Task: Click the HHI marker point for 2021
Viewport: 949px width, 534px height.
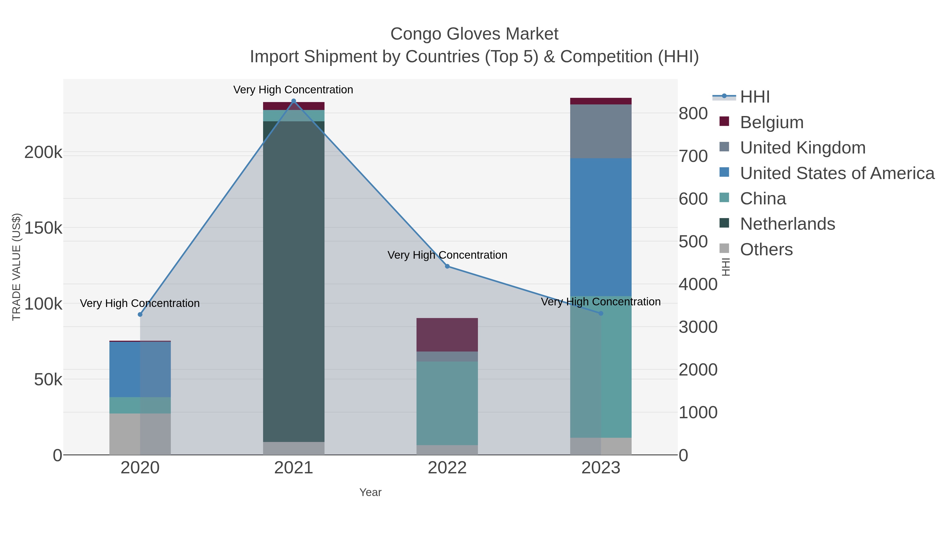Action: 294,101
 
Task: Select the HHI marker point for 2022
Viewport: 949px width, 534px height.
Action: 447,266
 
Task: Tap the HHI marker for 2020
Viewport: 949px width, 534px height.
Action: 140,314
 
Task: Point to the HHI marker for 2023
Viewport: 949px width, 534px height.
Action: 601,313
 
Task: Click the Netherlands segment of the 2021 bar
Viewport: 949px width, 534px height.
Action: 294,280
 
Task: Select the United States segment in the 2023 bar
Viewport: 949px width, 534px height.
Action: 601,227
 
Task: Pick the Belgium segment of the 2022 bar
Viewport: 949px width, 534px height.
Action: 447,334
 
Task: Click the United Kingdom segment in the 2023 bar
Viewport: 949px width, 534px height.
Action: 601,131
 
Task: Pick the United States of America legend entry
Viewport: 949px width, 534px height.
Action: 837,173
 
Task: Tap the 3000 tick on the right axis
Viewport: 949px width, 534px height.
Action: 698,327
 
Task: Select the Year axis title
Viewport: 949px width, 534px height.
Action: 370,492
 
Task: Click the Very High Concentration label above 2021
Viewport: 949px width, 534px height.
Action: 293,90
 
